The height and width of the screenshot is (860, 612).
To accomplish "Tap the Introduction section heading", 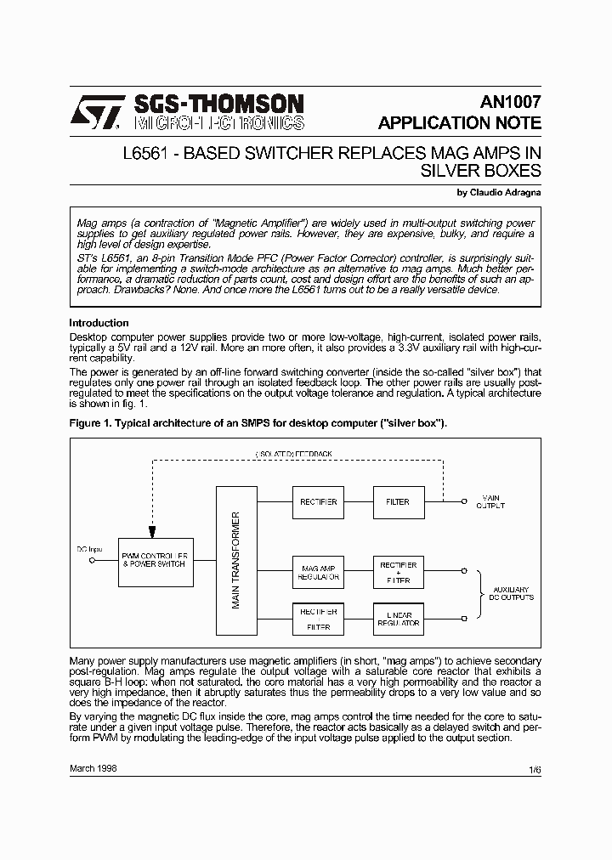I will tap(99, 323).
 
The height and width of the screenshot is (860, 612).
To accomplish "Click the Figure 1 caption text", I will tap(258, 422).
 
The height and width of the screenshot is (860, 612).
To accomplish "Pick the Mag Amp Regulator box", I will tap(319, 572).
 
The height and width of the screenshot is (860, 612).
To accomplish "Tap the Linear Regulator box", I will tap(399, 617).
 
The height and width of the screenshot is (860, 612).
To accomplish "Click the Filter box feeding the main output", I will tap(399, 501).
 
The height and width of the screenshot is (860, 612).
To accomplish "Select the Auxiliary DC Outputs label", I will tap(511, 593).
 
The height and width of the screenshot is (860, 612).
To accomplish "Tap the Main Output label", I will tap(491, 501).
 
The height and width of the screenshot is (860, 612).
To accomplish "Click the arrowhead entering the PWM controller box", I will tap(151, 532).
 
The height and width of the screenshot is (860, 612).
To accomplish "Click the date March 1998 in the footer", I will tap(93, 767).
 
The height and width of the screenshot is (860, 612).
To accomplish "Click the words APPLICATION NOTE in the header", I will tap(459, 123).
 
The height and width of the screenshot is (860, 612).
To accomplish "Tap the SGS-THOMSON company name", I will tap(218, 104).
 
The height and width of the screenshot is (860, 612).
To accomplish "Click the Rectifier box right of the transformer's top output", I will tap(319, 501).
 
